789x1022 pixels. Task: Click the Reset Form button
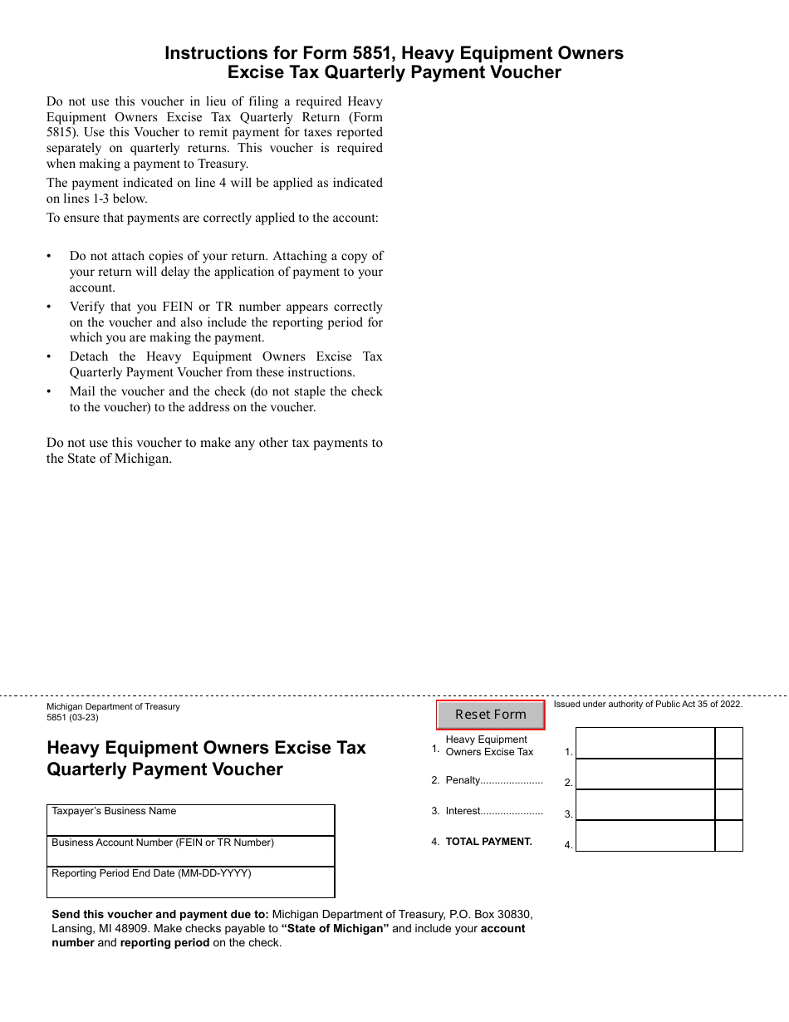coord(491,715)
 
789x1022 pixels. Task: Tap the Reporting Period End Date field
coord(190,883)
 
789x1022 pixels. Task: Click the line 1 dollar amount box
coord(644,744)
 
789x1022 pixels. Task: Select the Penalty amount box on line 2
coord(644,774)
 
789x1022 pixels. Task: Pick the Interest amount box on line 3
coord(644,805)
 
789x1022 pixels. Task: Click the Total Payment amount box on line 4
coord(644,836)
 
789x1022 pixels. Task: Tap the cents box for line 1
coord(728,744)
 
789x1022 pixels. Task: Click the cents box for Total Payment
coord(728,836)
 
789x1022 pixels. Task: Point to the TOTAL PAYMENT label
coord(488,842)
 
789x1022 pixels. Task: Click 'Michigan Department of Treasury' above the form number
coord(113,707)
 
